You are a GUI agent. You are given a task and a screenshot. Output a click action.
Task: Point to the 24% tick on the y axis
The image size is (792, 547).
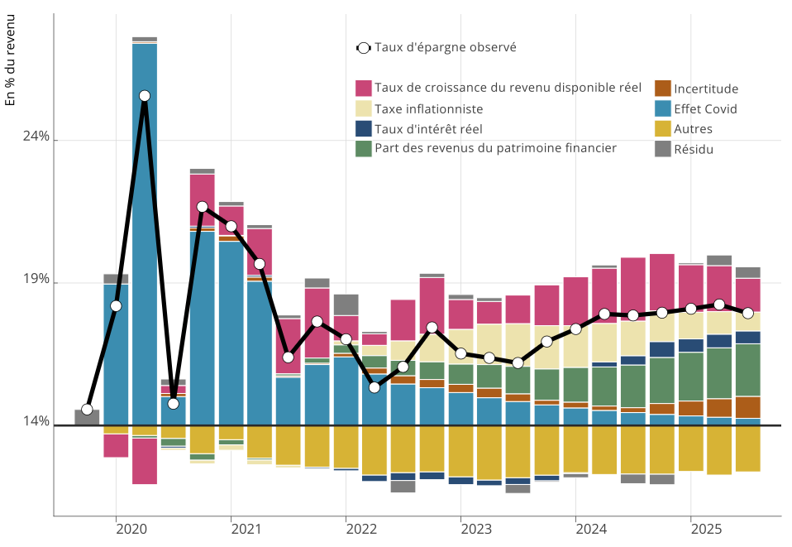pyautogui.click(x=36, y=137)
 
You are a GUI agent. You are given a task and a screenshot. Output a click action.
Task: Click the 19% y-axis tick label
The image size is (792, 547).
pyautogui.click(x=36, y=280)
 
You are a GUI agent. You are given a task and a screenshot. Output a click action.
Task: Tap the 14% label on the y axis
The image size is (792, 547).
pyautogui.click(x=36, y=422)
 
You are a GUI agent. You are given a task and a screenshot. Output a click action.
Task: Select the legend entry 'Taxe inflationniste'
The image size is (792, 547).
pyautogui.click(x=428, y=109)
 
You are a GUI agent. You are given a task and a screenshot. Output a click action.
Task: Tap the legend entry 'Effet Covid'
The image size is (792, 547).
pyautogui.click(x=705, y=109)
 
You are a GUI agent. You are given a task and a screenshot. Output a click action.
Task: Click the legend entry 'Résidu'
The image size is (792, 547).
pyautogui.click(x=694, y=150)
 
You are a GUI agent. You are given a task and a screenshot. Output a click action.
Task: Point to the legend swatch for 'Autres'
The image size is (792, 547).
pyautogui.click(x=663, y=129)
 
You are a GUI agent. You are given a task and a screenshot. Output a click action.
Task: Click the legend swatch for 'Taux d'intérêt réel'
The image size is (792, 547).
pyautogui.click(x=364, y=129)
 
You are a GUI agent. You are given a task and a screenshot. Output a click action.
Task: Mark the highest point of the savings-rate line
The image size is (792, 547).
pyautogui.click(x=145, y=96)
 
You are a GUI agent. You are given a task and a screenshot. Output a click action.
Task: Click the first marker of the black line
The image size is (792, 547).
pyautogui.click(x=87, y=410)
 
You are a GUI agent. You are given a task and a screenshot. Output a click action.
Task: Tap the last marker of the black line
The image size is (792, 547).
pyautogui.click(x=747, y=313)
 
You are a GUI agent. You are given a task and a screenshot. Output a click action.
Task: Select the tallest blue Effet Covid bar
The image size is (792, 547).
pyautogui.click(x=145, y=232)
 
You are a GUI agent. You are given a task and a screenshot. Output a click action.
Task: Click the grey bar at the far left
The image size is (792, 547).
pyautogui.click(x=87, y=417)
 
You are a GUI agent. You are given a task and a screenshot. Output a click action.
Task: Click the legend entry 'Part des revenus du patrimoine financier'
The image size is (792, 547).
pyautogui.click(x=495, y=148)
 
